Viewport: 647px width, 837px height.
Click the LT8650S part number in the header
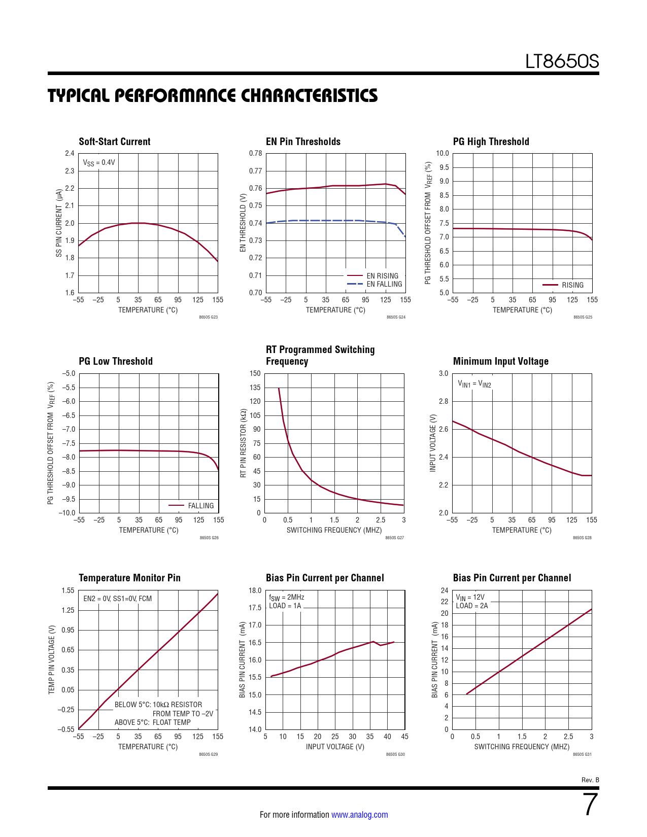(562, 62)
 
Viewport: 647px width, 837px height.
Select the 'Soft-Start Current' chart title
(115, 142)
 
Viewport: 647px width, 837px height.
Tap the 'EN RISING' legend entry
(382, 276)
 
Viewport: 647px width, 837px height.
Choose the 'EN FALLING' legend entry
(384, 284)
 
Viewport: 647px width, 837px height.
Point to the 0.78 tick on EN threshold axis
(256, 153)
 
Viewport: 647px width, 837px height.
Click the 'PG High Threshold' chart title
(491, 142)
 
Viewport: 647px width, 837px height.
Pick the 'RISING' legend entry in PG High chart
(572, 285)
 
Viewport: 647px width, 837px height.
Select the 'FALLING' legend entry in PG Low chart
(200, 506)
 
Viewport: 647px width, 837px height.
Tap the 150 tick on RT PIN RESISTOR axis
(255, 373)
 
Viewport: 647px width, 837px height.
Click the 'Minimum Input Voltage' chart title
(500, 361)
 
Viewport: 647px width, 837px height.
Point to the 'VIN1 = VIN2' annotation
(474, 384)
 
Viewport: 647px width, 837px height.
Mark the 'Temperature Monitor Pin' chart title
(129, 578)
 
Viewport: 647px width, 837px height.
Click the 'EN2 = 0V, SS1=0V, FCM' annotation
(117, 599)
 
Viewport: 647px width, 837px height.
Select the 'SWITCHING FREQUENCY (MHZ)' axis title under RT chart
(334, 530)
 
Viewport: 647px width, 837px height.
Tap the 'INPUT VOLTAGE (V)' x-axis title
(335, 747)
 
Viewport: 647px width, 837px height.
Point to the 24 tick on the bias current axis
(445, 590)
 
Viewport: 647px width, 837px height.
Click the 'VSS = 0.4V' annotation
(99, 163)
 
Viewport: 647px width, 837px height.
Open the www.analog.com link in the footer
(359, 815)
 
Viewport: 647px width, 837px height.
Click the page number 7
(591, 805)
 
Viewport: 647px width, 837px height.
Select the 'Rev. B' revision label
(590, 780)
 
